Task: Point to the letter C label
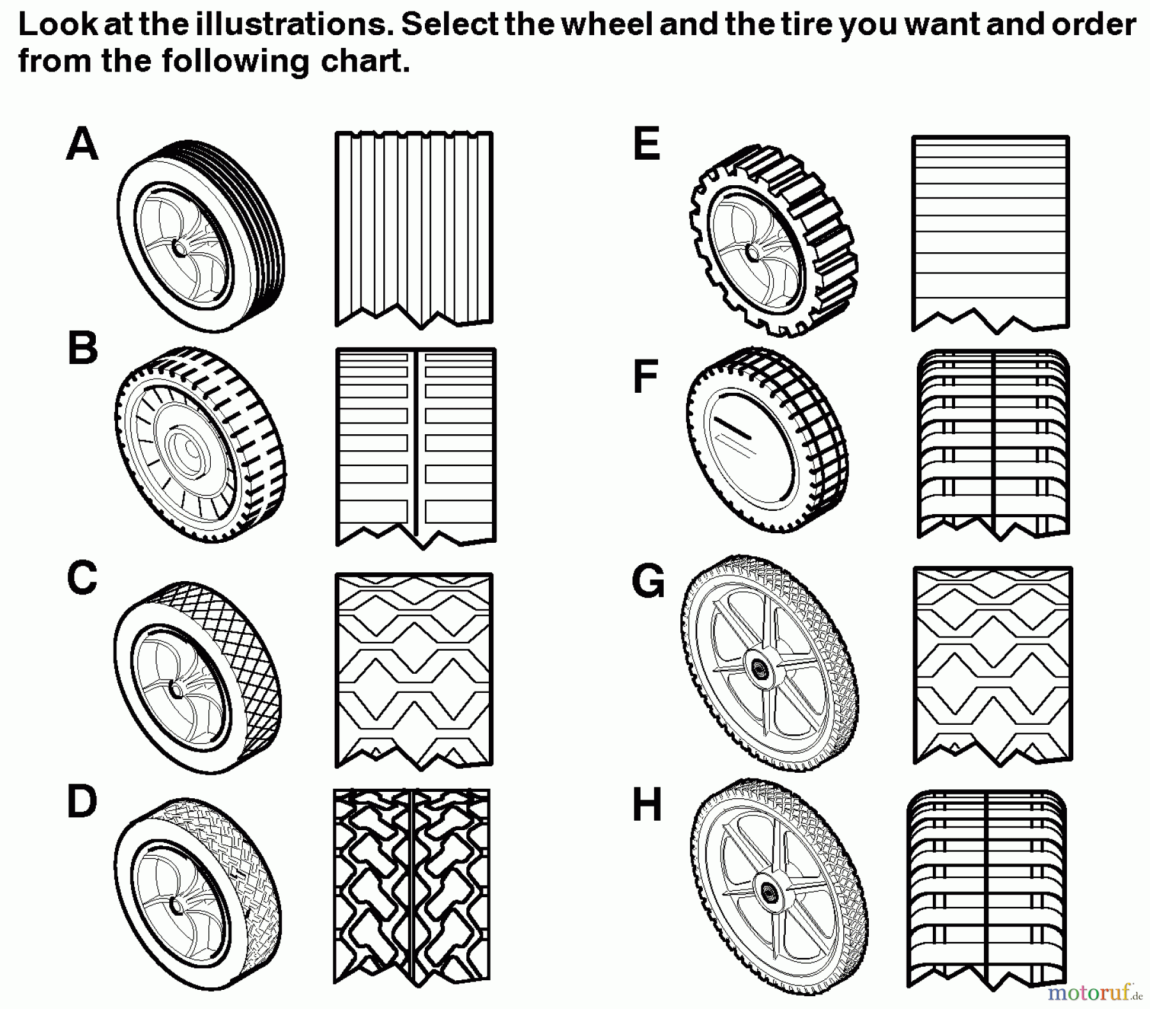pos(82,578)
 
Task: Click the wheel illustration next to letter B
pos(200,445)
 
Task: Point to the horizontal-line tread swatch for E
pos(990,233)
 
